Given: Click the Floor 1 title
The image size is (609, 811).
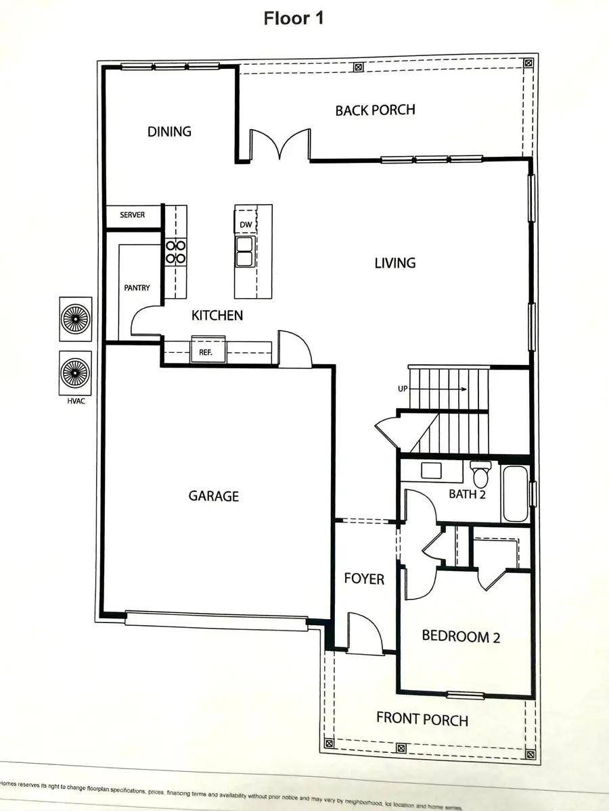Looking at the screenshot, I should coord(294,18).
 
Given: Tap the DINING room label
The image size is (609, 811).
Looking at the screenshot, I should coord(169,132).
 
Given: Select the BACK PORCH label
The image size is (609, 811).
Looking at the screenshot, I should coord(375,109).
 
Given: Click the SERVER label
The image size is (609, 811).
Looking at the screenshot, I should coord(132,215).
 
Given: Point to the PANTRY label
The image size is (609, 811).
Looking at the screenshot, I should coord(137,288).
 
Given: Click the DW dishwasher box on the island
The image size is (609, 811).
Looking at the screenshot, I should coord(244,225).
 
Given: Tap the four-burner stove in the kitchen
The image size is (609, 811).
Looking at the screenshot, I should coord(176,252).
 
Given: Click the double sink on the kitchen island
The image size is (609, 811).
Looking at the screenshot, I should coord(244,252).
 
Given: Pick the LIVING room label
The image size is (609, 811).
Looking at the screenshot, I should coord(394,263).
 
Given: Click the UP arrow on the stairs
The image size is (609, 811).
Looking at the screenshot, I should coord(447,389).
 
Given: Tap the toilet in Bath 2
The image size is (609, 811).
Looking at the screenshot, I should coord(480,476).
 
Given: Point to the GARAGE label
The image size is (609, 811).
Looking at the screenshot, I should coord(213,496).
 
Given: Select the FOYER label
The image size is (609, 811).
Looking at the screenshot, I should coord(364,579).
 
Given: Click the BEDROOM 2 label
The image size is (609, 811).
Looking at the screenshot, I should coord(461,636).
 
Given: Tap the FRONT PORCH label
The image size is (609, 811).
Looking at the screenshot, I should coord(422,719).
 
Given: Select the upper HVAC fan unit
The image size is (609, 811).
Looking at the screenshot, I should coord(74,317).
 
